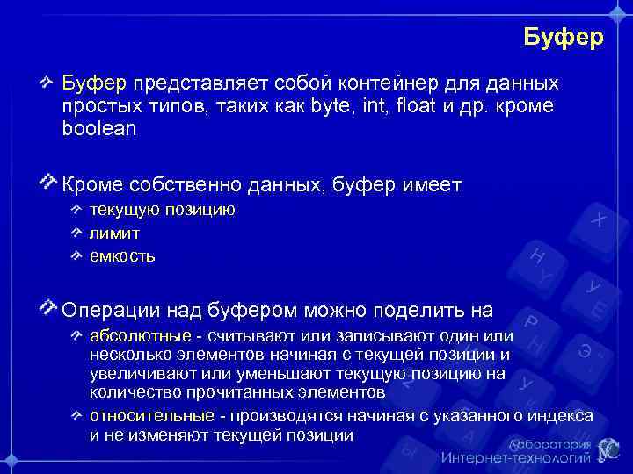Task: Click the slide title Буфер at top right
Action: point(563,38)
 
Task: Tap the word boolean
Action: point(99,128)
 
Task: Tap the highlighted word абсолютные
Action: point(140,336)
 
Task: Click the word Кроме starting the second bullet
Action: point(92,185)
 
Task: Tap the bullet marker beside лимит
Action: point(77,233)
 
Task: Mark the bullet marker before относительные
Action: point(77,414)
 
